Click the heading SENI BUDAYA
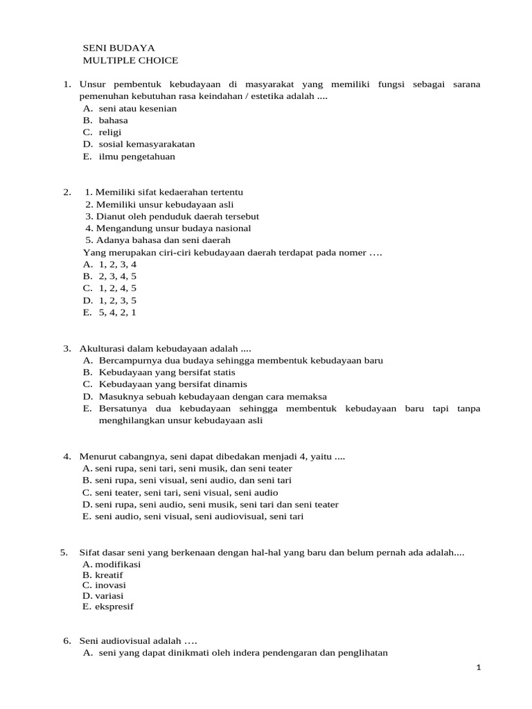(118, 48)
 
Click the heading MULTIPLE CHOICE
(130, 61)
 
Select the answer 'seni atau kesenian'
(137, 109)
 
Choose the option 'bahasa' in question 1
(113, 120)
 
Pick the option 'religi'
(110, 132)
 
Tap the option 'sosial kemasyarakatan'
(146, 144)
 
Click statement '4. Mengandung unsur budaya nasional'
(168, 228)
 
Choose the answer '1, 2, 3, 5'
(117, 300)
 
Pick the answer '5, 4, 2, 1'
(117, 312)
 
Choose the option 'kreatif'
(109, 575)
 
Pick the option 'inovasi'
(110, 585)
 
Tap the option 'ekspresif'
(114, 607)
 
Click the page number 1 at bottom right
(478, 667)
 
